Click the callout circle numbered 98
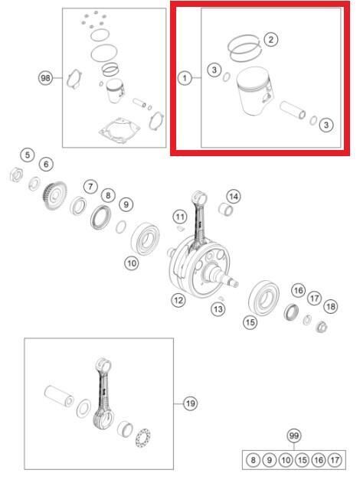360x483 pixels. click(x=45, y=78)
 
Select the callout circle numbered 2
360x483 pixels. click(x=270, y=40)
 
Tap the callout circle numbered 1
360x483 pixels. click(x=185, y=78)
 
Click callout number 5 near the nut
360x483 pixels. click(x=28, y=155)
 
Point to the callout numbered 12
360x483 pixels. click(x=178, y=300)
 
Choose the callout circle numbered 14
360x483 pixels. click(x=234, y=197)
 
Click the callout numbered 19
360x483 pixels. click(x=191, y=403)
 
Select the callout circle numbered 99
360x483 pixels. click(x=293, y=436)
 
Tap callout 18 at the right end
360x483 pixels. click(x=330, y=306)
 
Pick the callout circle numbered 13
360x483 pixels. click(x=218, y=309)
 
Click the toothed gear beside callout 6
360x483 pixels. click(x=55, y=195)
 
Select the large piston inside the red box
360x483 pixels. click(x=254, y=91)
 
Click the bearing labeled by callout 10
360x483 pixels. click(x=146, y=240)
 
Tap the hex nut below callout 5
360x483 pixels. click(x=16, y=175)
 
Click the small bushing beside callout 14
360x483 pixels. click(x=226, y=208)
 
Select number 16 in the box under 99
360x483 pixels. click(x=319, y=460)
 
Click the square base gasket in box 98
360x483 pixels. click(x=119, y=131)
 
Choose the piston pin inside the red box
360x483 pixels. click(x=293, y=110)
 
